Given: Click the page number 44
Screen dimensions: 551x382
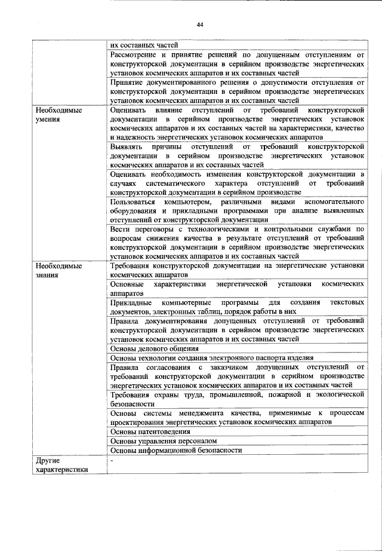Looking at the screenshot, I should (200, 24).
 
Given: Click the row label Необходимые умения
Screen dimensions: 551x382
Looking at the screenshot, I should (58, 115).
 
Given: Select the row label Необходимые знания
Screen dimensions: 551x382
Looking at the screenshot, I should (58, 271).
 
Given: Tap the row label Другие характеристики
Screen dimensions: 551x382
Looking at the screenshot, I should (62, 464).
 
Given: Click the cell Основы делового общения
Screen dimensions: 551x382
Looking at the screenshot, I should (155, 348).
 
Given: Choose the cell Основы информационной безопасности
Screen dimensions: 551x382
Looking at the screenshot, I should (177, 450).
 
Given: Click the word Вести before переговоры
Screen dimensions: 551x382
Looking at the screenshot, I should (122, 229).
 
